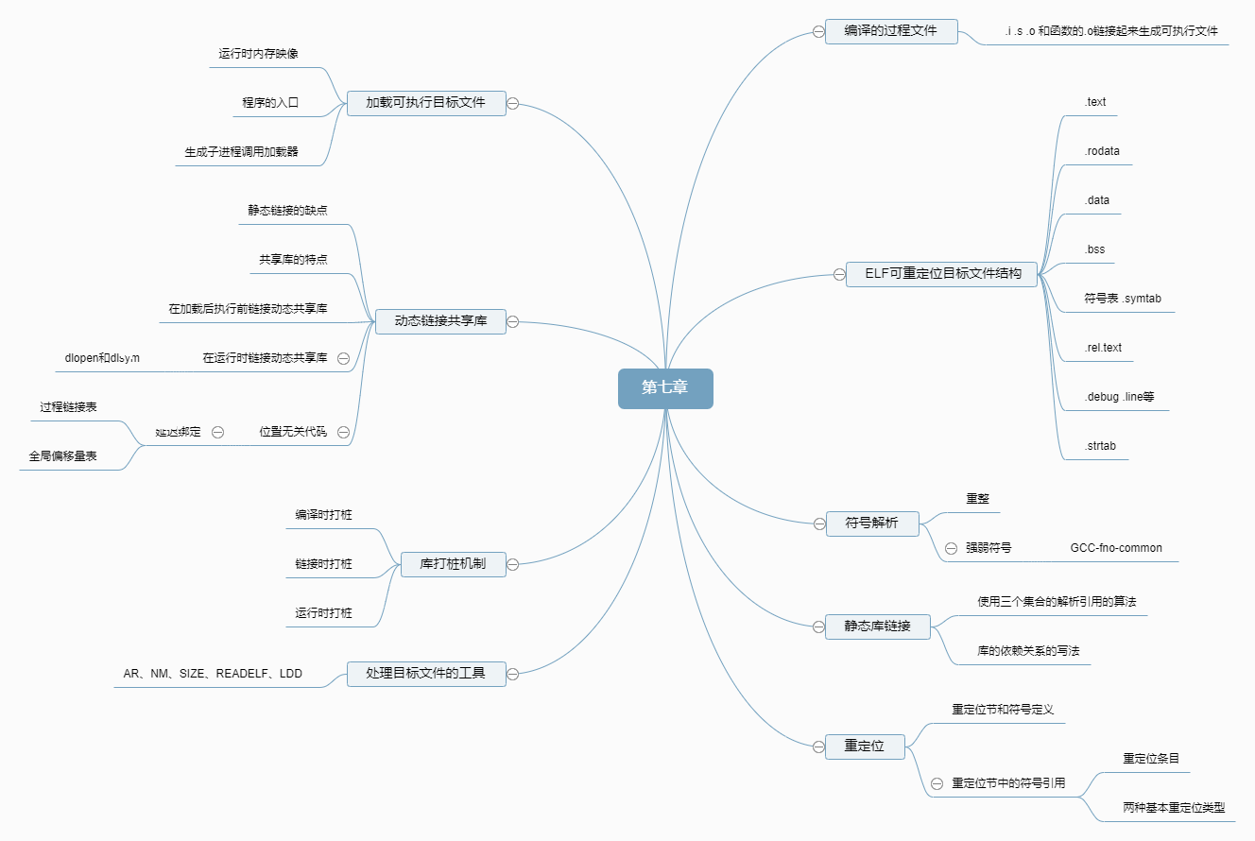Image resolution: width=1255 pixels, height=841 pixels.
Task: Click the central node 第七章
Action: (665, 388)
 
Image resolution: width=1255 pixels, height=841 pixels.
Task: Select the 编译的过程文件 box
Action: (891, 31)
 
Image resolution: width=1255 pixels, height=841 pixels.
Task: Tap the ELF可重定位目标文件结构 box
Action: (942, 274)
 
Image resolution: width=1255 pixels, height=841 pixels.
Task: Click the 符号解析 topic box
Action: (872, 523)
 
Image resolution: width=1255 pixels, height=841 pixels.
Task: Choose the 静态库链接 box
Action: (877, 626)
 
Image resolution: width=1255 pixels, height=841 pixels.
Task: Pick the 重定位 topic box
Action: (865, 747)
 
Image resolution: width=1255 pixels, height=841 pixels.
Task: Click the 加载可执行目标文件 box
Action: (425, 102)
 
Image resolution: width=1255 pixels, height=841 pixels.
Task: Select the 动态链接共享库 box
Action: (440, 321)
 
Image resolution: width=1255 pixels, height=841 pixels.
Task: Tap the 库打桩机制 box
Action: (453, 564)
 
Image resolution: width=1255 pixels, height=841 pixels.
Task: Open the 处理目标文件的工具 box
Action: (425, 674)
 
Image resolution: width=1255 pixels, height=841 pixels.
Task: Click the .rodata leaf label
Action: (1103, 151)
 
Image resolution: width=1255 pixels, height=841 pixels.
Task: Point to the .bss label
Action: (1094, 249)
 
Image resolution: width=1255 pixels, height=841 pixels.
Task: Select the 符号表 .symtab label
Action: (1123, 299)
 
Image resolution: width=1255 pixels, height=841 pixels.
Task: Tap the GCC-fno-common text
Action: (1116, 548)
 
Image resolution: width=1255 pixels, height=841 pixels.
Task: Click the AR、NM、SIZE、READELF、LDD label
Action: (213, 674)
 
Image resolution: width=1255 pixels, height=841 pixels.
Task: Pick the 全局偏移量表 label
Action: (62, 456)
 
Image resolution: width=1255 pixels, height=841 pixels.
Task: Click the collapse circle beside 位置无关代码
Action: (343, 432)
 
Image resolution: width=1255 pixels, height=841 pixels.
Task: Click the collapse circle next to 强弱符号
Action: (951, 548)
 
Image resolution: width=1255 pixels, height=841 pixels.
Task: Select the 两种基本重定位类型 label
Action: (1174, 808)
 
